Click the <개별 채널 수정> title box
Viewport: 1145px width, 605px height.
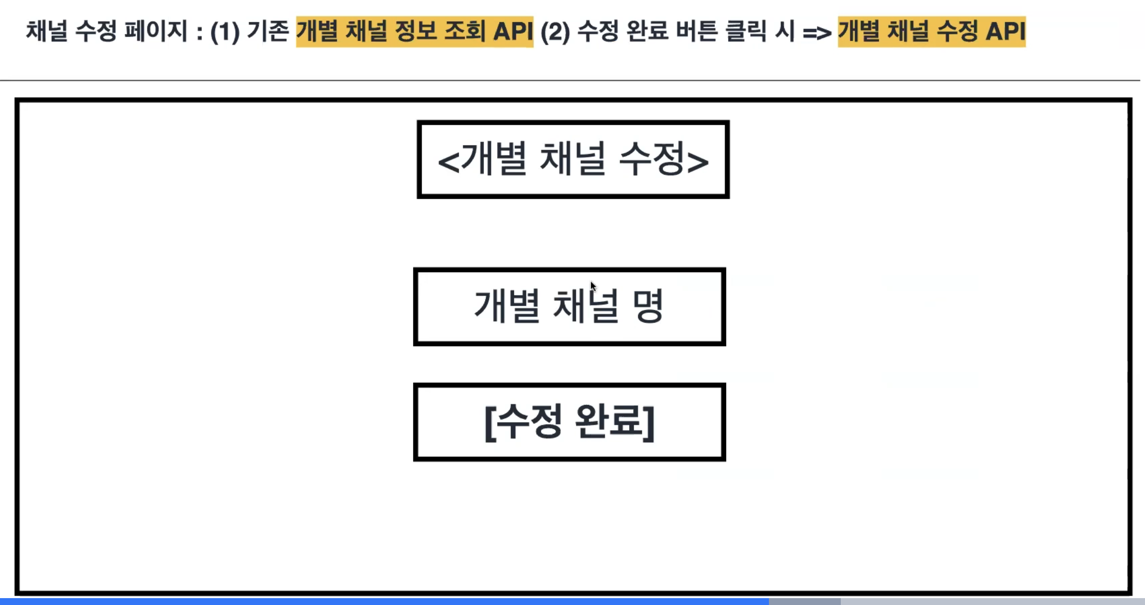[x=573, y=159]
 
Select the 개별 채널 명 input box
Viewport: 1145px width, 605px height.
[x=570, y=306]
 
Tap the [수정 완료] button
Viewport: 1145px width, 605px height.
[x=570, y=422]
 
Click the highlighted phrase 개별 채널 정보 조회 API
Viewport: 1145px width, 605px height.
[x=414, y=31]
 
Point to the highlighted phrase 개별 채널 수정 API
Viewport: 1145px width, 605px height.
[x=931, y=31]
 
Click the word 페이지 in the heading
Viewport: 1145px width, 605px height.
[x=156, y=31]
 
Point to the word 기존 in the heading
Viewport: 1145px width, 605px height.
[x=268, y=31]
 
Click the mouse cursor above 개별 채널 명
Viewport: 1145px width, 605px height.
[x=593, y=286]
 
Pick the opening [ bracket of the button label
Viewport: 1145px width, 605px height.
[x=489, y=423]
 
